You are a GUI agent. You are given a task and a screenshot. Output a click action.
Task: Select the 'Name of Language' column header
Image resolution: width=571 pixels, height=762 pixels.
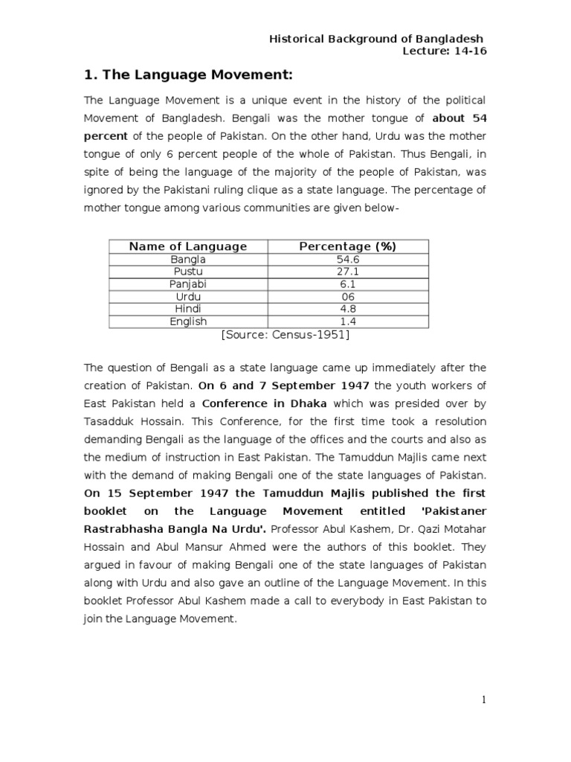tap(188, 246)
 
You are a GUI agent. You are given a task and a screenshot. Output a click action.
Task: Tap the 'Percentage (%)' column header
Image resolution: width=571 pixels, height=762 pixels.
tap(348, 246)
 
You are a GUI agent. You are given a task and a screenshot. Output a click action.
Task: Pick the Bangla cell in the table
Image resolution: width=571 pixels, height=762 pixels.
tap(188, 260)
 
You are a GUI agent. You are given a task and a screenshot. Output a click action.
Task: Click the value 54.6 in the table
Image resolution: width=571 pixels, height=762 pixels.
tap(348, 260)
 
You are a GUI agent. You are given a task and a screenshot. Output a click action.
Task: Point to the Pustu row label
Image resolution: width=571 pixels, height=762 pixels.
tap(188, 272)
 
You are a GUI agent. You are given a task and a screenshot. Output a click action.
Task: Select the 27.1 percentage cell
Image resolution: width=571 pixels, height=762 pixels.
tap(348, 272)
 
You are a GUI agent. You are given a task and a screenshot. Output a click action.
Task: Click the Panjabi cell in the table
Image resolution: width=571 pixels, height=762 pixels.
tap(188, 284)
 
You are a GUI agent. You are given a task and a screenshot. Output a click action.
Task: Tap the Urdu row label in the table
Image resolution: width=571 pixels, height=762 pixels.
tap(188, 297)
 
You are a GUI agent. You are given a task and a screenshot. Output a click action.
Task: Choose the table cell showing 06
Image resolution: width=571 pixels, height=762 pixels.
tap(348, 297)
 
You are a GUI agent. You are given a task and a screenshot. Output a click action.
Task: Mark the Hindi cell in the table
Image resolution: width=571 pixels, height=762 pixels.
tap(188, 309)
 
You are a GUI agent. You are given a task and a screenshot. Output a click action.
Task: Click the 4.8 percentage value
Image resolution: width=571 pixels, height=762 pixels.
tap(348, 309)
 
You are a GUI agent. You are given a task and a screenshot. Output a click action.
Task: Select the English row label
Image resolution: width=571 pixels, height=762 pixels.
tap(188, 321)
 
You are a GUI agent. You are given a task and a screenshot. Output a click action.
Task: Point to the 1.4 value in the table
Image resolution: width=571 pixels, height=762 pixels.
tap(348, 321)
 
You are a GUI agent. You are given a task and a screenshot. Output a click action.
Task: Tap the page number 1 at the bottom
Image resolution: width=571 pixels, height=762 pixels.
tap(483, 699)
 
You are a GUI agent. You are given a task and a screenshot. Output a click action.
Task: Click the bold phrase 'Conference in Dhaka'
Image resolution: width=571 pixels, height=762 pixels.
tap(264, 403)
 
